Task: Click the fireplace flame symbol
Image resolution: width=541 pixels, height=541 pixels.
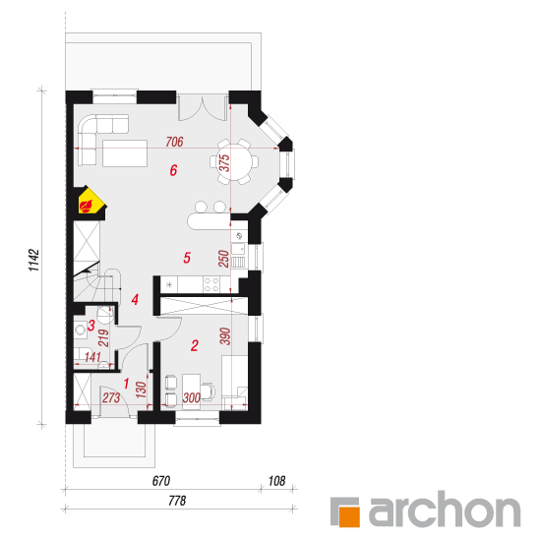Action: pos(87,206)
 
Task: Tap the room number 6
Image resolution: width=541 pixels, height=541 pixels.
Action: pos(173,170)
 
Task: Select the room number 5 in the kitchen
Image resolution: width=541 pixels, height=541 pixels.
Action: pos(187,258)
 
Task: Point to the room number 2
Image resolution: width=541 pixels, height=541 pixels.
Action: pos(195,345)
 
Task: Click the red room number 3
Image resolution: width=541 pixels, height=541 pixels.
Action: pos(91,326)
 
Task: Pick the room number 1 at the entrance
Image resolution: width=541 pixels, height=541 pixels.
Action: pos(126,384)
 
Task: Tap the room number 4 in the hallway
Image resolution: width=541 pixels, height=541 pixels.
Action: pos(135,299)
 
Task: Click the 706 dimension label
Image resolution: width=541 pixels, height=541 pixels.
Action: pos(174,142)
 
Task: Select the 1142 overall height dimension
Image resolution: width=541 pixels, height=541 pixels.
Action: pos(34,260)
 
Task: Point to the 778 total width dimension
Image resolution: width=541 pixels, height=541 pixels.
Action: pos(177,501)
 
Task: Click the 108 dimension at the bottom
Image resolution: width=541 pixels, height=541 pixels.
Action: pos(277,481)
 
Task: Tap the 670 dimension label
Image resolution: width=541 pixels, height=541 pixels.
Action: pos(161,481)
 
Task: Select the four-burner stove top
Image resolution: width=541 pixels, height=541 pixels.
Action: pos(211,284)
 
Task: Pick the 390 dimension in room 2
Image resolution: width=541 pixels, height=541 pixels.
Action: pos(225,336)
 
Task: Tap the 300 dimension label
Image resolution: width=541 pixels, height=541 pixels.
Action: pos(192,397)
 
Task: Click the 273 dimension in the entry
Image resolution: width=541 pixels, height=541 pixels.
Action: pos(111,397)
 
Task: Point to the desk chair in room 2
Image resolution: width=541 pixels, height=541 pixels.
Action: pos(209,391)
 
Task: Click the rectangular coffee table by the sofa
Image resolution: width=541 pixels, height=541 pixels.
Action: pos(125,153)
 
